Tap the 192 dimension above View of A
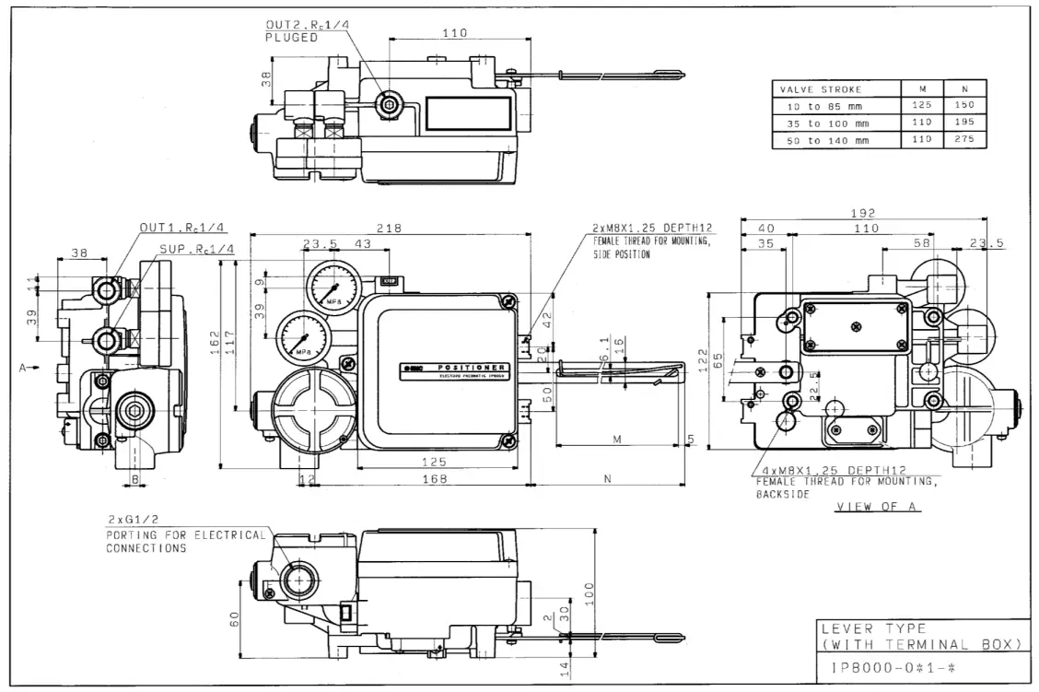(x=863, y=213)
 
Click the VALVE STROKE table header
(x=821, y=89)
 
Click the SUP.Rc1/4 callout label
(x=197, y=249)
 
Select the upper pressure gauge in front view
(x=330, y=286)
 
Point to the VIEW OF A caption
(x=877, y=508)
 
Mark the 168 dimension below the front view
(x=434, y=479)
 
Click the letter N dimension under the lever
(x=608, y=479)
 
